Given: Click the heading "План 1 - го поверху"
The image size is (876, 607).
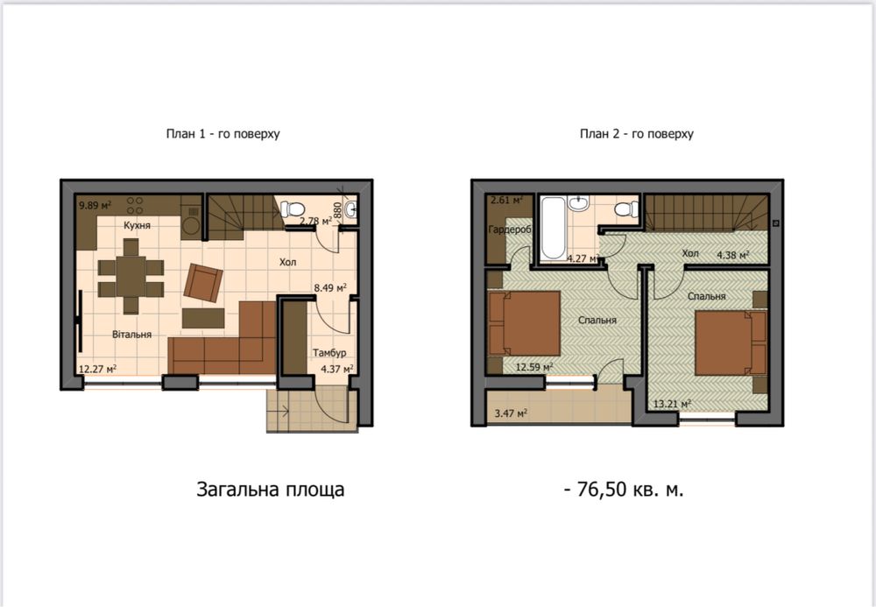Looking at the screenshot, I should click(223, 134).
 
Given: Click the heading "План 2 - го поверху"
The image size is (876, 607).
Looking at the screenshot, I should click(637, 134).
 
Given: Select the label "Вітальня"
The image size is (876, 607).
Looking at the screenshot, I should click(132, 334).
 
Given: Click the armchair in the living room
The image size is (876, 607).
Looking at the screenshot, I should click(202, 281).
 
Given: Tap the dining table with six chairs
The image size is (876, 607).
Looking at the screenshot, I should click(131, 276).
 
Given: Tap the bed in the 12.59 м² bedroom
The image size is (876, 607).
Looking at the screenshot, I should click(526, 322).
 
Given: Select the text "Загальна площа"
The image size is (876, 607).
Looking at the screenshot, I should click(270, 490).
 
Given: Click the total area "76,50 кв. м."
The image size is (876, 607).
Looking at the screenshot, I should click(625, 490).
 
